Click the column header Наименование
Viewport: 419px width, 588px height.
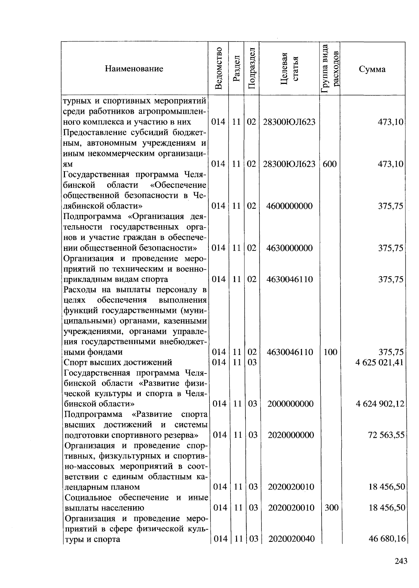(134, 69)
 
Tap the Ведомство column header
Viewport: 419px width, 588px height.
(219, 68)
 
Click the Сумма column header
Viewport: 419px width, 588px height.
(372, 69)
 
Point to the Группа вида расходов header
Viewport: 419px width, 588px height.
(330, 68)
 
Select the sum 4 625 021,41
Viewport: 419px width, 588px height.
(380, 362)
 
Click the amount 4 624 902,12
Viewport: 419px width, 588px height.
(380, 404)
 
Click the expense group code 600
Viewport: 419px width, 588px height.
(330, 164)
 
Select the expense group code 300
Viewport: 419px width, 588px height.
(331, 508)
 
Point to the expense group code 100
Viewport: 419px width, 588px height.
(330, 352)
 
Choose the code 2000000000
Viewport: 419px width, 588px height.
(291, 404)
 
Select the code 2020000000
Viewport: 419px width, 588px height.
(291, 435)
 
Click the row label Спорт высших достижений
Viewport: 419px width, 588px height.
(118, 362)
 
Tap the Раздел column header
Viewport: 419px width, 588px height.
(236, 68)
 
